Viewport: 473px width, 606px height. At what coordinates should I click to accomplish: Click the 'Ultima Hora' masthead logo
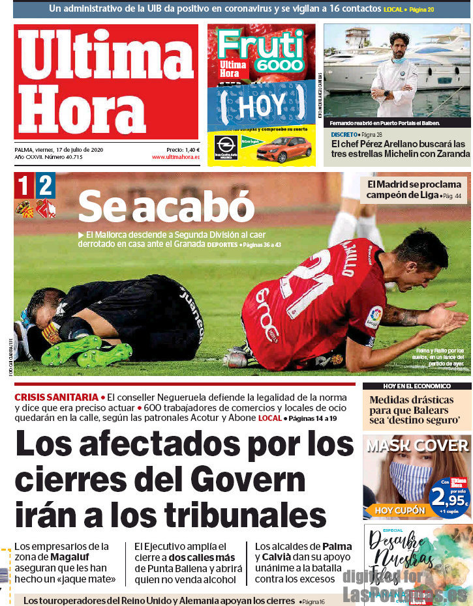tap(106, 81)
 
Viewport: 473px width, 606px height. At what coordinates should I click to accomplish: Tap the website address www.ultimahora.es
tap(175, 157)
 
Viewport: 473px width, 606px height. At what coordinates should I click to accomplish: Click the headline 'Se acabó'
tap(166, 207)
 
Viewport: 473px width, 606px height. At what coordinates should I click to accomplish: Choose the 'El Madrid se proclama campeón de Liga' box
tap(414, 189)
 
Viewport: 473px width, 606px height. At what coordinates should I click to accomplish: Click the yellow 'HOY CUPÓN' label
tap(400, 510)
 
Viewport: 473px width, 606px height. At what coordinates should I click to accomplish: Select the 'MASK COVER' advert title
tap(417, 446)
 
